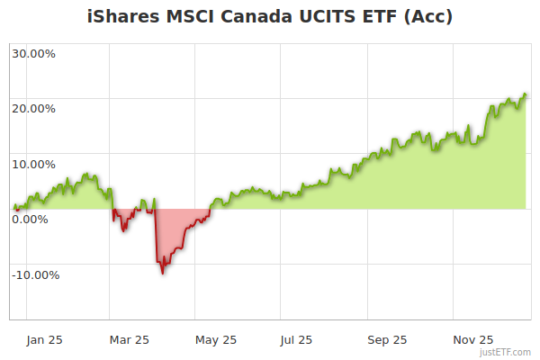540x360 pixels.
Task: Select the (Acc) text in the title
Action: (430, 16)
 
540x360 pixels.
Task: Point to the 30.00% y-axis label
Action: (33, 53)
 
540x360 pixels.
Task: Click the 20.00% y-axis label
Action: (33, 109)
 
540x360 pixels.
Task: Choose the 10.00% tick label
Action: (33, 165)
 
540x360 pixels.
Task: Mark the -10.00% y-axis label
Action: (36, 275)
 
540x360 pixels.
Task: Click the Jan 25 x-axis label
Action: (44, 340)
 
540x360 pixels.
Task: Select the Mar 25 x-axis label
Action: (129, 340)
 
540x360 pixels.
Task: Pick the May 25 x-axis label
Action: (215, 340)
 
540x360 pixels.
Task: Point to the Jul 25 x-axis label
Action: (297, 340)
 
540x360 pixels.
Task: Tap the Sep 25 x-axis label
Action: (387, 340)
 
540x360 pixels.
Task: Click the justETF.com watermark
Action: (506, 353)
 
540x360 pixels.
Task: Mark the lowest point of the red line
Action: (162, 273)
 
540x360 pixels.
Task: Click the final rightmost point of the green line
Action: (526, 94)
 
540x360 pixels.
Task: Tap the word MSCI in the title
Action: (187, 16)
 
